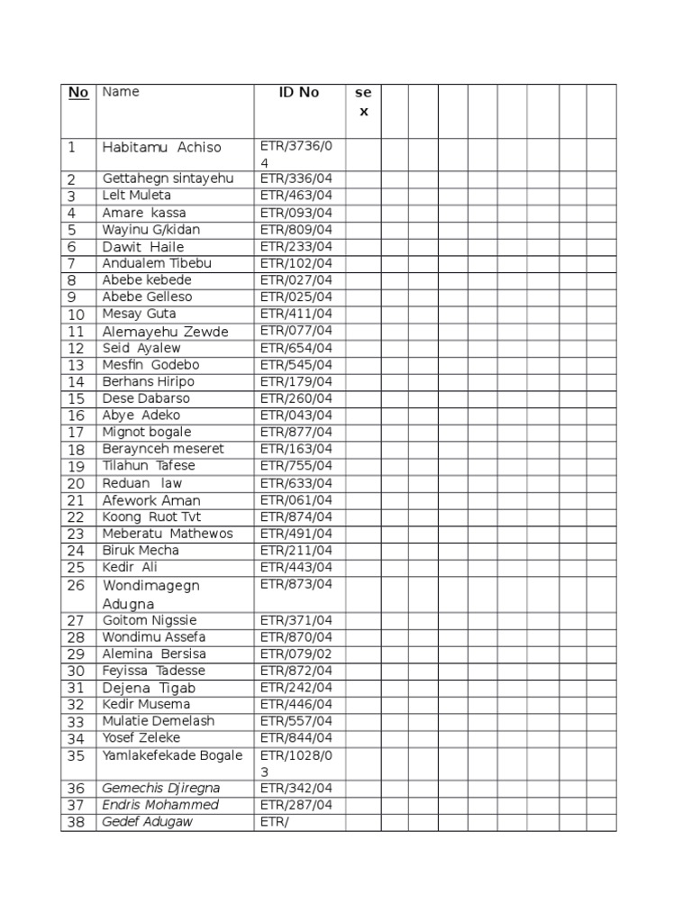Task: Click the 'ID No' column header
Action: [298, 93]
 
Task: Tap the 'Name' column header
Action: [121, 92]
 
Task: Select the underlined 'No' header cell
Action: [78, 93]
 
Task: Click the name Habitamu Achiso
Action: [161, 147]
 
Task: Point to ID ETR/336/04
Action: [296, 178]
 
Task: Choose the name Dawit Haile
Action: [143, 247]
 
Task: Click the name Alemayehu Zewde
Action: [166, 332]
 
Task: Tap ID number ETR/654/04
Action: [296, 348]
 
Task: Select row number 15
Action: [76, 398]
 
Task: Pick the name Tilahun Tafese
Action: [149, 466]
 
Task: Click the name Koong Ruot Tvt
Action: [151, 516]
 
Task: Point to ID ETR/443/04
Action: [296, 567]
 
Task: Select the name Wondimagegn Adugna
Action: [150, 594]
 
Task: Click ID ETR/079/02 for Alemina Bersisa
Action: [296, 653]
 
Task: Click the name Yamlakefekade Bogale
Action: [172, 755]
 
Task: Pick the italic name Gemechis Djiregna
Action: [161, 789]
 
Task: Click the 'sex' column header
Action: [363, 102]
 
